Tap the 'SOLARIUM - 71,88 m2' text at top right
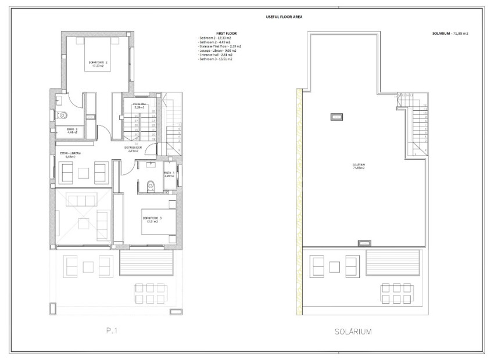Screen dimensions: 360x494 coord(446,34)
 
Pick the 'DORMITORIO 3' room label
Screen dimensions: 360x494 coord(151,219)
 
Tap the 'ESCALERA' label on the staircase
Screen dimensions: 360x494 coord(139,105)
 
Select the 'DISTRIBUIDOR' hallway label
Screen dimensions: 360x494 coord(133,148)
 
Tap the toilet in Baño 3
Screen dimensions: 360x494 coord(151,185)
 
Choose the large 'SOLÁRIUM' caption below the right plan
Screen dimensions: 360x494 coord(353,332)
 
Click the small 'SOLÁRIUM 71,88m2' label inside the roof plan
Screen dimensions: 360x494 coord(359,167)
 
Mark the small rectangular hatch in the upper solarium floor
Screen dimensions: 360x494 coord(337,117)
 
